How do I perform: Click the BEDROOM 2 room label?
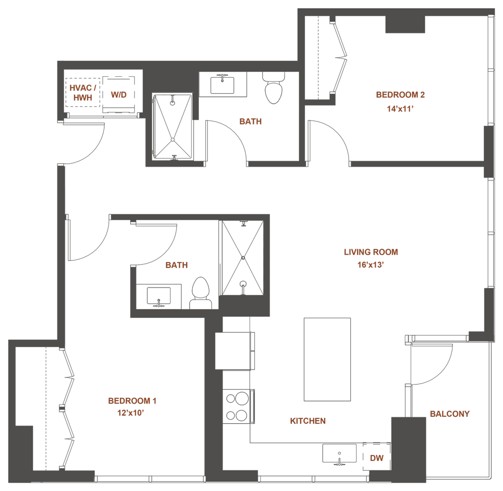click(x=400, y=95)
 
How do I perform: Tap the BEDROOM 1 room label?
click(x=132, y=401)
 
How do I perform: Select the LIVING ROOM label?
click(x=370, y=252)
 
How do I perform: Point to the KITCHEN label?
click(x=307, y=421)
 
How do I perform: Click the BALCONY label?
click(x=449, y=414)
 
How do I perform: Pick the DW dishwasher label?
click(x=376, y=458)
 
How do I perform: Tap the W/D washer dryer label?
click(x=118, y=95)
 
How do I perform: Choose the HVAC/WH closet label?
click(x=83, y=93)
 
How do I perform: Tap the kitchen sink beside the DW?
click(x=339, y=452)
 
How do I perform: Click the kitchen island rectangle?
click(x=327, y=359)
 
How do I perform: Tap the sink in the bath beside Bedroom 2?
click(x=224, y=84)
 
